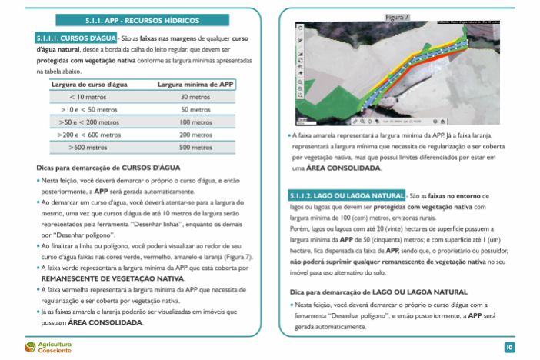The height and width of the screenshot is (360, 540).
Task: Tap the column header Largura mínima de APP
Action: click(x=195, y=85)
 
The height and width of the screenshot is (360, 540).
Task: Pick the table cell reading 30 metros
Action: click(x=195, y=98)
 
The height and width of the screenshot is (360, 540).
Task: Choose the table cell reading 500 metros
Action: click(x=195, y=147)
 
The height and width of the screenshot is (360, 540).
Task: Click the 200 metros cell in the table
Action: click(x=195, y=135)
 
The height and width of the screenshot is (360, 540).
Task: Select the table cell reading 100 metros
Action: click(x=195, y=122)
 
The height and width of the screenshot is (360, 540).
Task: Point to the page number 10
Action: click(x=509, y=348)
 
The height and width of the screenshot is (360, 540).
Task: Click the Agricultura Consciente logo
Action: click(x=48, y=347)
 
